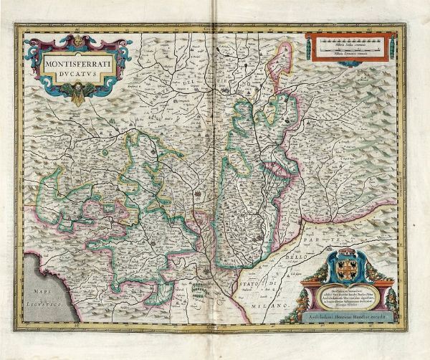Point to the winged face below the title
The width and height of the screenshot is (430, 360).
(77, 91)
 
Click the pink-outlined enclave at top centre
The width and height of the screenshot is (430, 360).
(276, 61)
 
